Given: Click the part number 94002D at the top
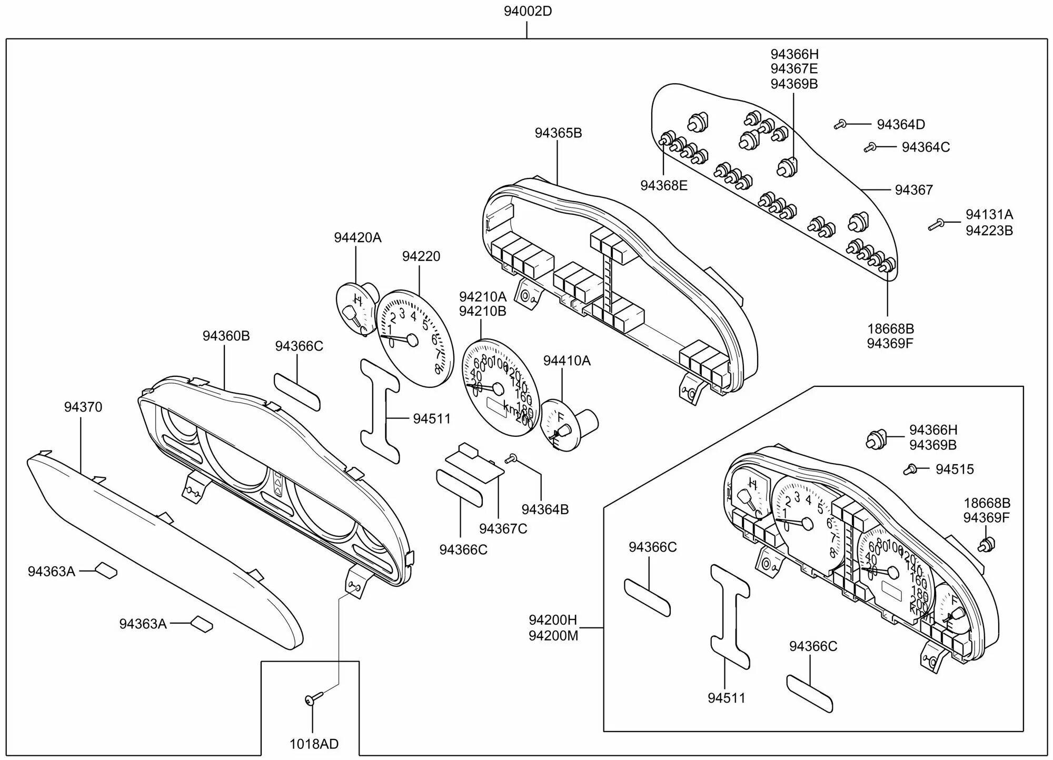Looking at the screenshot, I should click(528, 11).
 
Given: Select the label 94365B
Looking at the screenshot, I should click(558, 133).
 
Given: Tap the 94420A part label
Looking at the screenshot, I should click(357, 238).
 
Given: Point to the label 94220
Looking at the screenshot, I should click(421, 256).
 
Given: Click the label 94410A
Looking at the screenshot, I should click(567, 361).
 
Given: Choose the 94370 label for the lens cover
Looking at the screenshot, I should click(83, 407).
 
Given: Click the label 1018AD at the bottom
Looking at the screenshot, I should click(314, 744).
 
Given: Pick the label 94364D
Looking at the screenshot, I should click(901, 125).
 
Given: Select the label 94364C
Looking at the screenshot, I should click(926, 147).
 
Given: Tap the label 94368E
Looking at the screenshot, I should click(664, 186).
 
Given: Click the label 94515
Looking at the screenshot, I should click(955, 469).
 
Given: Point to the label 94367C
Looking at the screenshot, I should click(503, 528).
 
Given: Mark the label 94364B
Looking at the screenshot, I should click(545, 509).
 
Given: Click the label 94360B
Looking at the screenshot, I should click(226, 336).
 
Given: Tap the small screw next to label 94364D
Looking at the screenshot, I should click(840, 125).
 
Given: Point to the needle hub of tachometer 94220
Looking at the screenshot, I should click(412, 341).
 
